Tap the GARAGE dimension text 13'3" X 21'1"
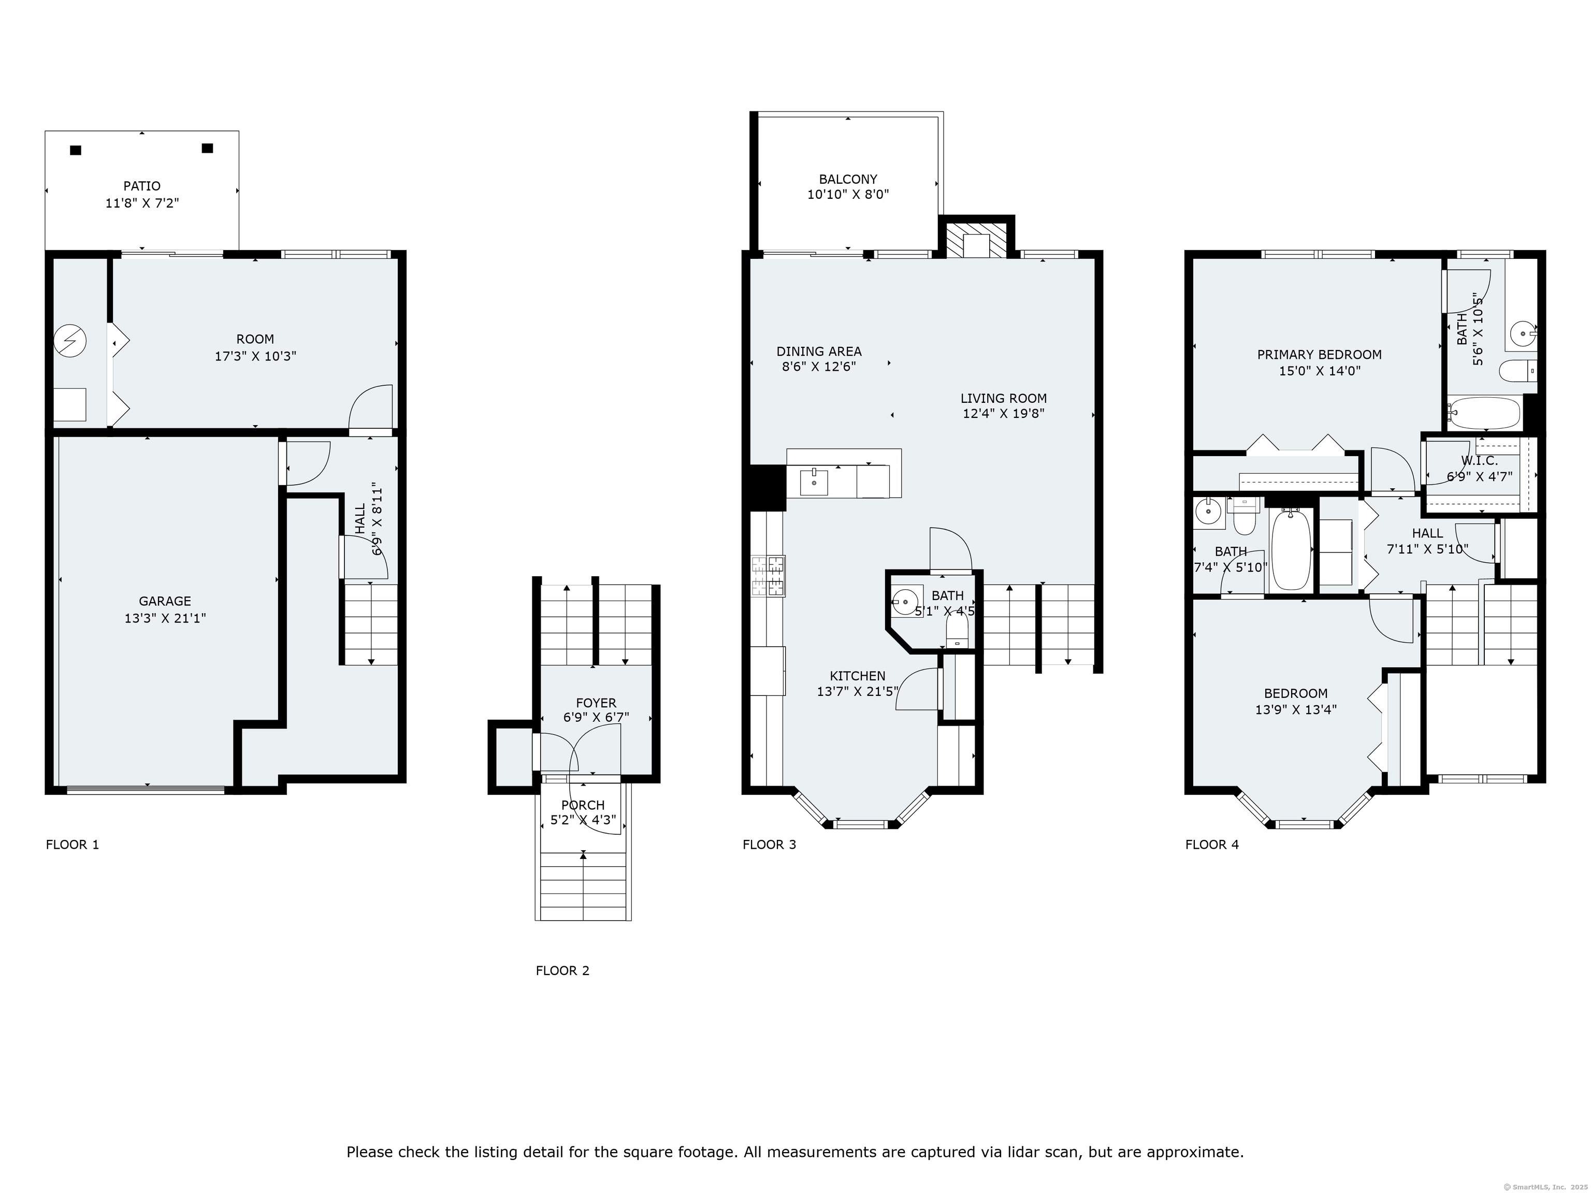[165, 618]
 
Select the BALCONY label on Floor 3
[848, 179]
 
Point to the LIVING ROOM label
[1003, 398]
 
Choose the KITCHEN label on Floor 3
[857, 676]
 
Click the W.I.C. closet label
[1479, 461]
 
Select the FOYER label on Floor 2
[596, 703]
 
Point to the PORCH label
[583, 805]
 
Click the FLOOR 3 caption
[769, 844]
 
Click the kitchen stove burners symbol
[768, 576]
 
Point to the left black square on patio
[76, 150]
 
